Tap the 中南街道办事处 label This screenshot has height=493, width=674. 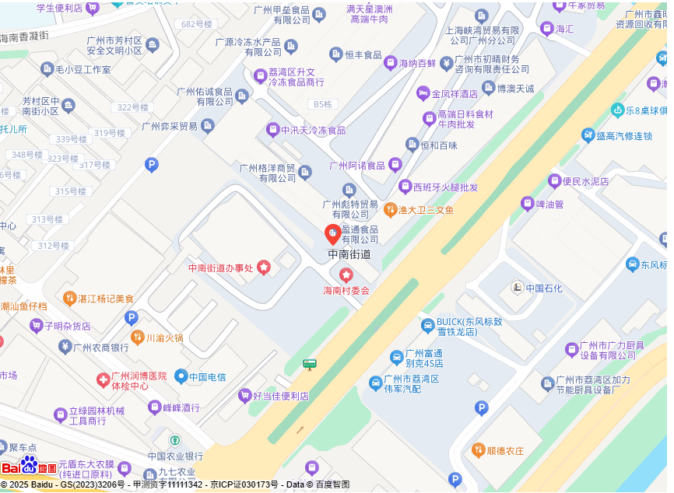(x=222, y=268)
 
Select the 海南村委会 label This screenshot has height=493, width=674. (x=346, y=290)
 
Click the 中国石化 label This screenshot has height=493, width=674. (x=543, y=288)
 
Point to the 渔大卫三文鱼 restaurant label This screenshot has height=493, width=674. (x=426, y=210)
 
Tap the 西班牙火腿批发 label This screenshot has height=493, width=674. (x=445, y=187)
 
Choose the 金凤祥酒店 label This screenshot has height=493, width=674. (x=455, y=94)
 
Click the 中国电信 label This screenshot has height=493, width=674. (x=207, y=377)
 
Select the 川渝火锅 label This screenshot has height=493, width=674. (x=164, y=337)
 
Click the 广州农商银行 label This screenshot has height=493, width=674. (x=100, y=348)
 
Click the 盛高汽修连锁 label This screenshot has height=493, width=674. (x=623, y=136)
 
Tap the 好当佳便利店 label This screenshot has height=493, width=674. (x=280, y=396)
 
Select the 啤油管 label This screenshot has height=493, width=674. (x=549, y=205)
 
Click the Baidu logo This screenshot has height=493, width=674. (x=29, y=467)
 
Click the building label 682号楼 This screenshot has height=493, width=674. (x=196, y=24)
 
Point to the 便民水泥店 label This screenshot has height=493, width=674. (x=585, y=181)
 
